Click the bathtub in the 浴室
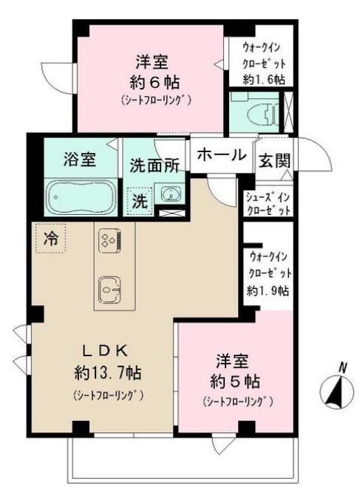81,197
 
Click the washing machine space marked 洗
140,202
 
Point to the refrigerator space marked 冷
51,238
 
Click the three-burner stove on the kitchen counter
110,240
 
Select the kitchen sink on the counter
110,290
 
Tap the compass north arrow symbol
335,389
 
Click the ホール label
222,155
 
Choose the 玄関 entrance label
274,160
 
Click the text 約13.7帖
108,373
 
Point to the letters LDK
105,351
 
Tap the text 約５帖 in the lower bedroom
235,382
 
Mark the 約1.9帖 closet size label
268,291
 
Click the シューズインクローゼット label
268,204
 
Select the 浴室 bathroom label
80,159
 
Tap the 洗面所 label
154,165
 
